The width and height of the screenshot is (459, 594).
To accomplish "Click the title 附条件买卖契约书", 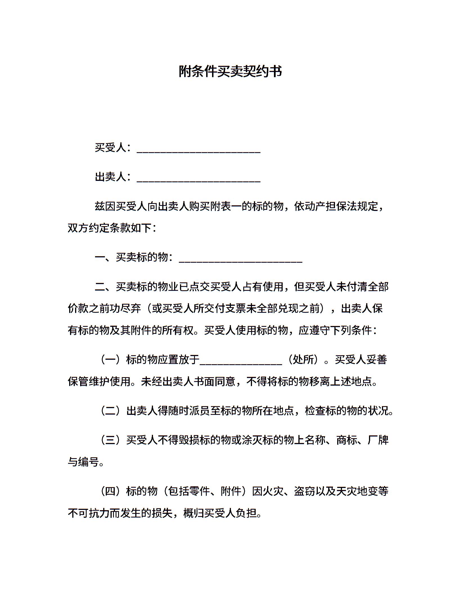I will pyautogui.click(x=230, y=71).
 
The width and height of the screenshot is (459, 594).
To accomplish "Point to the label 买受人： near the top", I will pyautogui.click(x=113, y=148).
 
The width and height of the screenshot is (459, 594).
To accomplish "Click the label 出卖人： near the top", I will pyautogui.click(x=113, y=177).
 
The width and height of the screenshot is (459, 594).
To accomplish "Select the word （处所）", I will pyautogui.click(x=303, y=360).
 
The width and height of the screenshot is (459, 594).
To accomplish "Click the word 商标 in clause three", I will pyautogui.click(x=347, y=440).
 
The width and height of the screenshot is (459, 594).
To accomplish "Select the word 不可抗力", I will pyautogui.click(x=89, y=513).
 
